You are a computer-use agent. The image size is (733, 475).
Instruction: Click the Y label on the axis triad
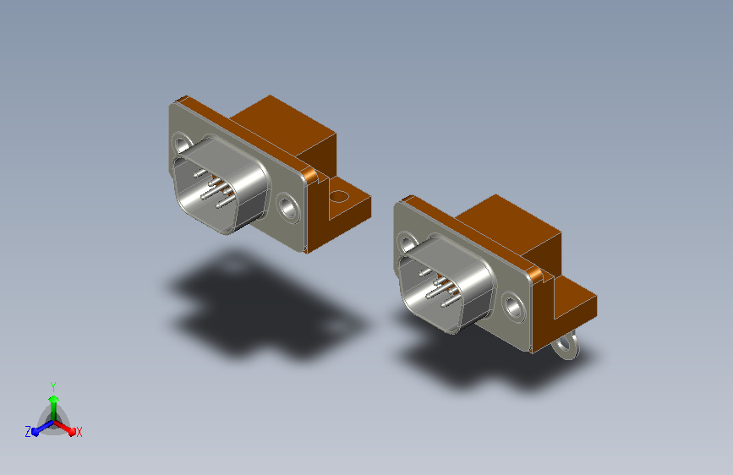click(53, 387)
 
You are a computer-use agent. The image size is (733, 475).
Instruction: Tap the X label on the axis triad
click(79, 432)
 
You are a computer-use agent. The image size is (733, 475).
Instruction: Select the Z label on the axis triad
click(28, 432)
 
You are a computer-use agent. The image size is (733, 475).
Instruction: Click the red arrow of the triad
click(65, 428)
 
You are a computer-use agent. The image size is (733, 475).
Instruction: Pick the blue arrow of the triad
click(43, 428)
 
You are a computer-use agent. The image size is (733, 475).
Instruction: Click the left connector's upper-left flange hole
click(182, 144)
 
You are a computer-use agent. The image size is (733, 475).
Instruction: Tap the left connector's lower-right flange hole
click(288, 207)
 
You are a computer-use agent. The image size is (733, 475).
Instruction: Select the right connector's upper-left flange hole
click(407, 243)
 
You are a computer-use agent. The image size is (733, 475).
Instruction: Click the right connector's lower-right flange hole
click(513, 307)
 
